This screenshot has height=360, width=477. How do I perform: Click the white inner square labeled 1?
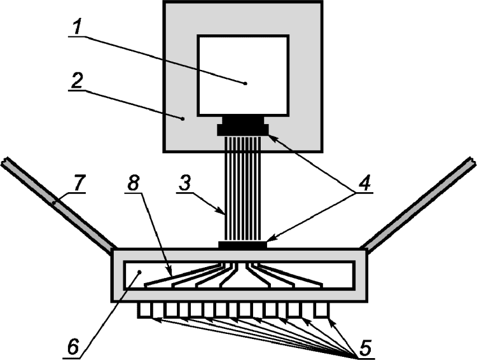pos(243,75)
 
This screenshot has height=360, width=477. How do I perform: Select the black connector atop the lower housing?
pos(242,245)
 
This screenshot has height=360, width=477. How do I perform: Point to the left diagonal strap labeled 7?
pos(57,203)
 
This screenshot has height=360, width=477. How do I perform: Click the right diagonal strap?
pos(420,203)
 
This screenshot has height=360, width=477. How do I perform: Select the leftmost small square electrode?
pos(145,310)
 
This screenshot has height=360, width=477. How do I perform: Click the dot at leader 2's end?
pos(183,118)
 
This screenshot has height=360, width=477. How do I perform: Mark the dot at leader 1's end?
pos(245,82)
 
